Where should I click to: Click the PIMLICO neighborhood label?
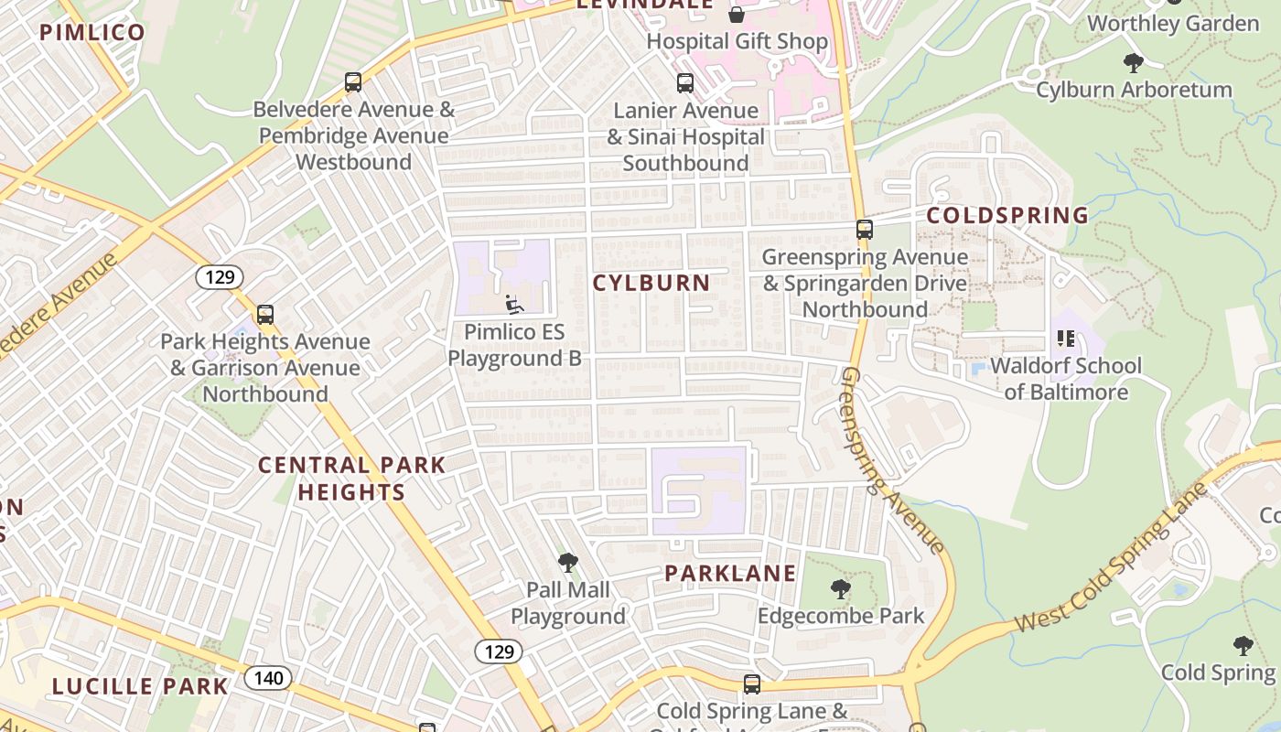92,33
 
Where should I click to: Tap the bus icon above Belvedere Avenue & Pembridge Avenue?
353,82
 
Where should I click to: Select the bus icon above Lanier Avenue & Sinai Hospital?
685,83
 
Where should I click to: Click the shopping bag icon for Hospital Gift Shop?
737,15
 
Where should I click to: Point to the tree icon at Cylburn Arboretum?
1133,63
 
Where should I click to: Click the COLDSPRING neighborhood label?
1007,216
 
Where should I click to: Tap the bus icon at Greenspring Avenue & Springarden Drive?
865,230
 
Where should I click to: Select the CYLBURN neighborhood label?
651,284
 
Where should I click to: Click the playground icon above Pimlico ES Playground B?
514,305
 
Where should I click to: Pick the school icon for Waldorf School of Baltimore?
1066,339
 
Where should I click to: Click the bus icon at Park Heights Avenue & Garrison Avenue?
265,315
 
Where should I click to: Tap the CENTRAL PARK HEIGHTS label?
351,479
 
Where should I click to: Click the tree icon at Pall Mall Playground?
567,562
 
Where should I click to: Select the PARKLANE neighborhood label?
730,574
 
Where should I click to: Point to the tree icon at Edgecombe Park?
840,589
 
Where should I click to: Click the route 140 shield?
268,678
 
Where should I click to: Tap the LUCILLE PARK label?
139,686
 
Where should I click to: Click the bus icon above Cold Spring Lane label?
752,684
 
